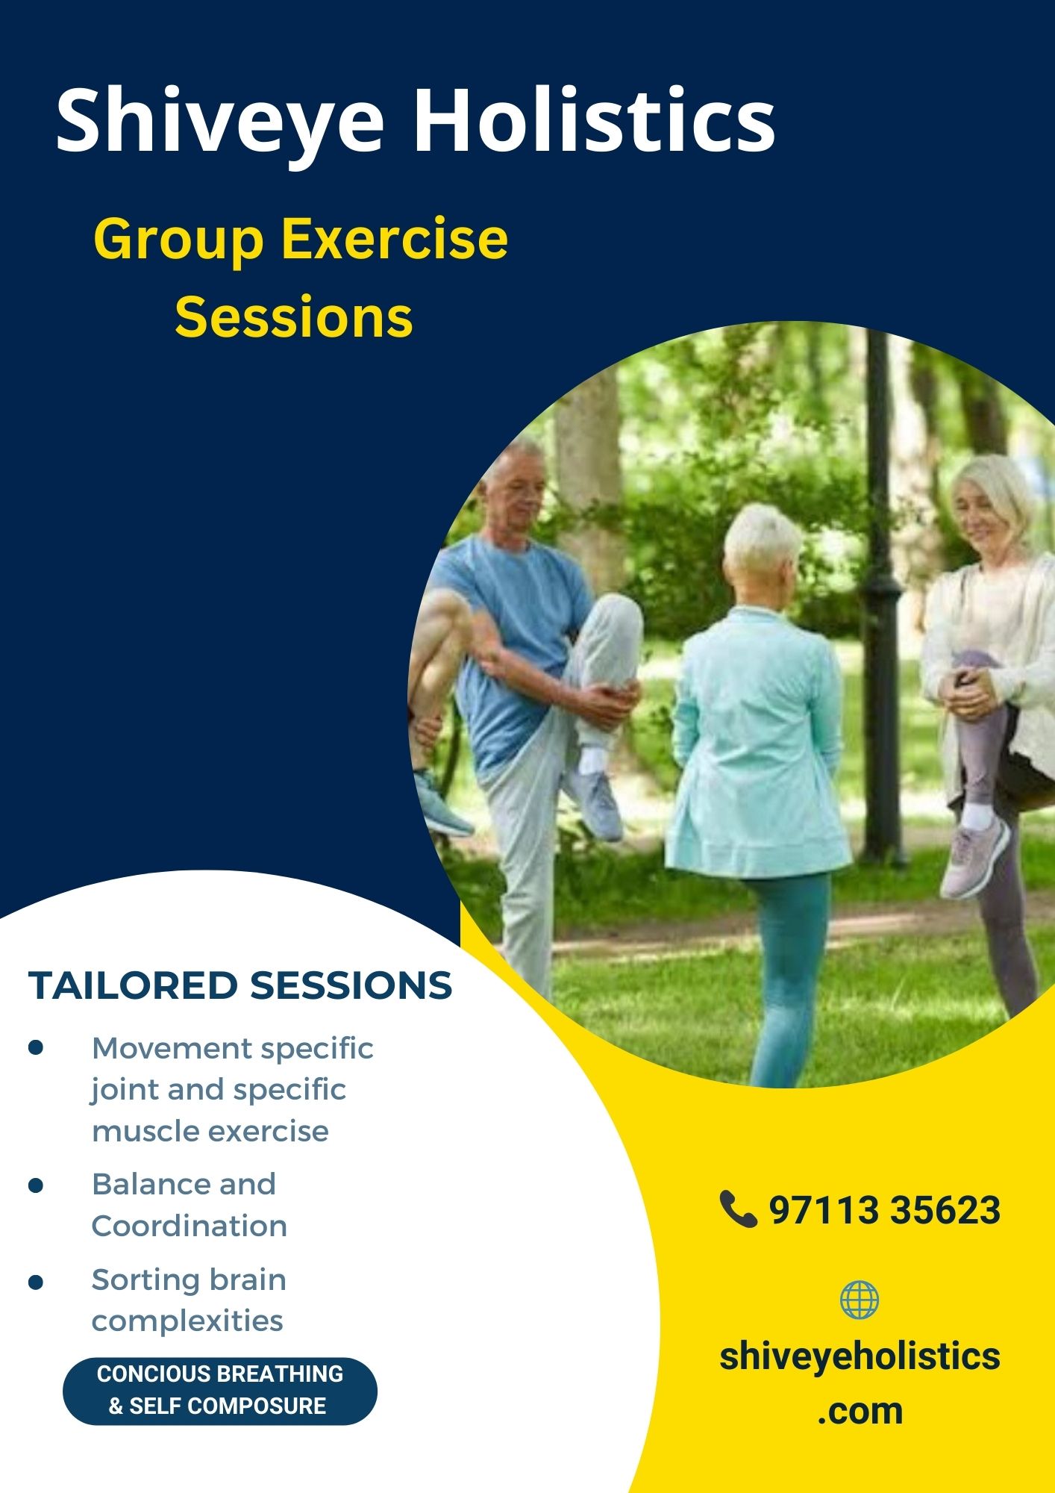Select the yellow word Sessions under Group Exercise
294,317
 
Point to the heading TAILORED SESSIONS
240,985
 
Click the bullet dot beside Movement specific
36,1047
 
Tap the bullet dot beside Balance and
36,1185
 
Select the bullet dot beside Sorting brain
36,1282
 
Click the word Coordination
190,1226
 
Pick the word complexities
187,1321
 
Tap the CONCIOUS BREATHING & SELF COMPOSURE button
220,1391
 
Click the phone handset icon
739,1209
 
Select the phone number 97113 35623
884,1210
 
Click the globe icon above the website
860,1300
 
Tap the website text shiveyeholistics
860,1356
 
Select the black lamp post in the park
883,597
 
